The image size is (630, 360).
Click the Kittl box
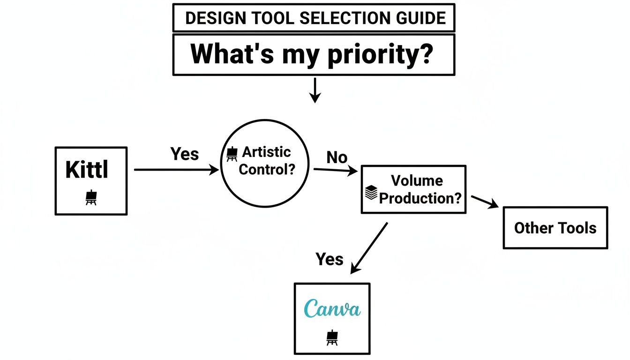pos(91,180)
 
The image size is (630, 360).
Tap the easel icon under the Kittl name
pos(91,198)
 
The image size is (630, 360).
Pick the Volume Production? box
pos(413,189)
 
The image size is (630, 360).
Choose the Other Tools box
pos(555,228)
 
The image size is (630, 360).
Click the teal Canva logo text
pos(332,309)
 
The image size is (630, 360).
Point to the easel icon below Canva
pos(332,337)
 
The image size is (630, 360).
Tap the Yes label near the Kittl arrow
pos(184,154)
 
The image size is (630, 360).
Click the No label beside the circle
pos(337,157)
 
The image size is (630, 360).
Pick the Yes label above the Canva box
pos(329,259)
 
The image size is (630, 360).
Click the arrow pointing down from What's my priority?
pos(315,90)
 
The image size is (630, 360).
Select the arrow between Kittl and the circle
pos(176,170)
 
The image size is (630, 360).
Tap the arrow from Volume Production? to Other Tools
pos(485,202)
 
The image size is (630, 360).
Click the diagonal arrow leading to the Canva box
pos(369,247)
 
